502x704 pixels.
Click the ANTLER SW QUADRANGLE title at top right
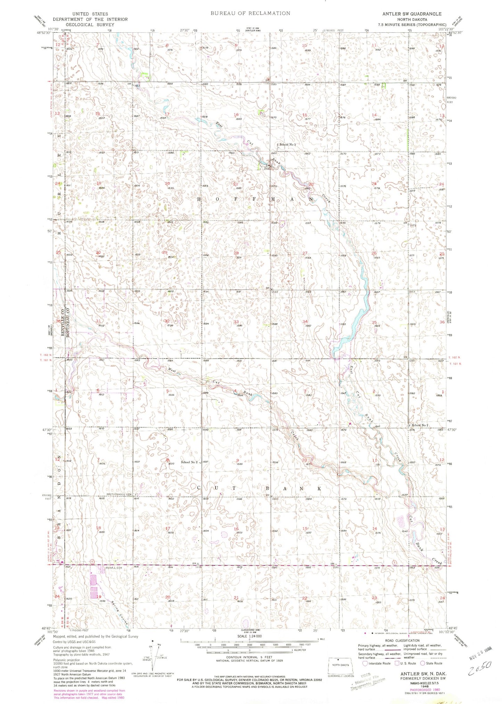(x=412, y=14)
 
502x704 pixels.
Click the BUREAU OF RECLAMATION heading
(x=250, y=13)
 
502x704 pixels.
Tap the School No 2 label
(x=189, y=462)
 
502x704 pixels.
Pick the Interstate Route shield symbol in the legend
(x=365, y=663)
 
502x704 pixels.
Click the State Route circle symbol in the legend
(x=422, y=663)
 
